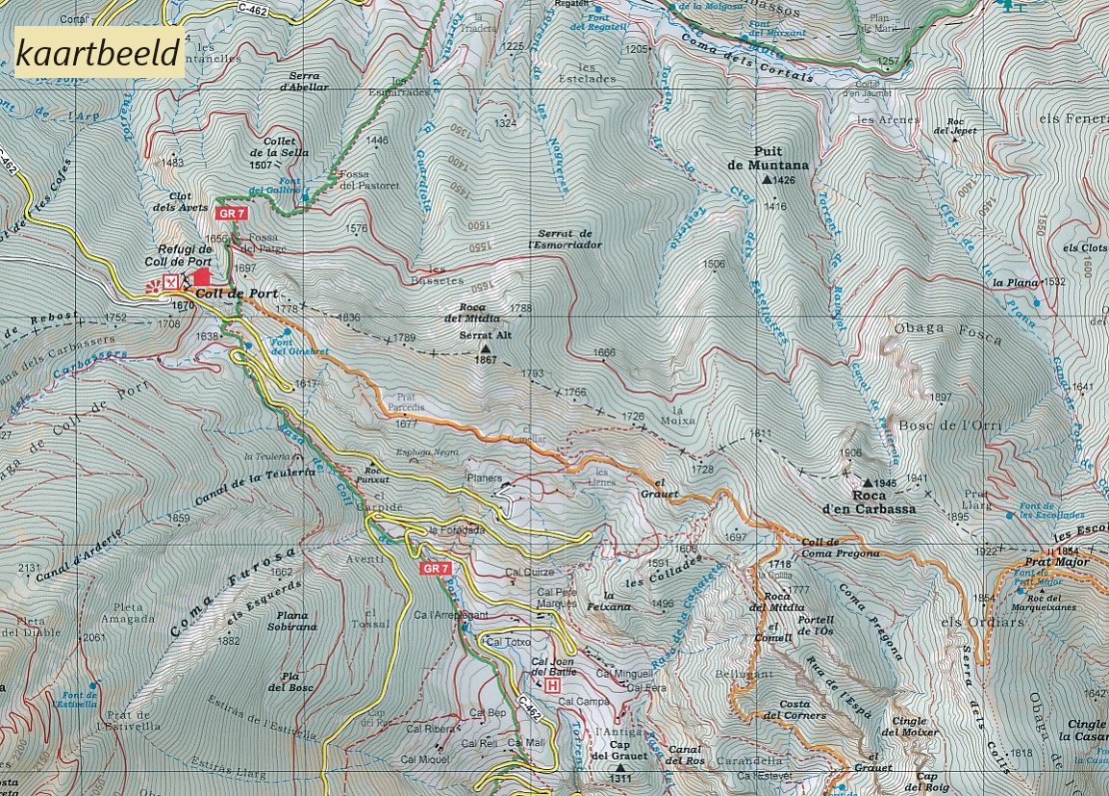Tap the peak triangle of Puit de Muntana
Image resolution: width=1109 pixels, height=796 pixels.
767,180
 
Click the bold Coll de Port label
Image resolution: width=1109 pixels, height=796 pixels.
237,294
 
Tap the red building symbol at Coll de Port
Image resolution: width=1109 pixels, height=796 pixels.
201,276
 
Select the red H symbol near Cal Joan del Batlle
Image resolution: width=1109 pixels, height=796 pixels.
552,685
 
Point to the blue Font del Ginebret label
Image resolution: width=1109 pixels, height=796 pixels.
299,347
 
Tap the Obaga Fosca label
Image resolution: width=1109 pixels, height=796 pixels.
947,333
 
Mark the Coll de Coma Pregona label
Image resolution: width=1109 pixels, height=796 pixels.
839,548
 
